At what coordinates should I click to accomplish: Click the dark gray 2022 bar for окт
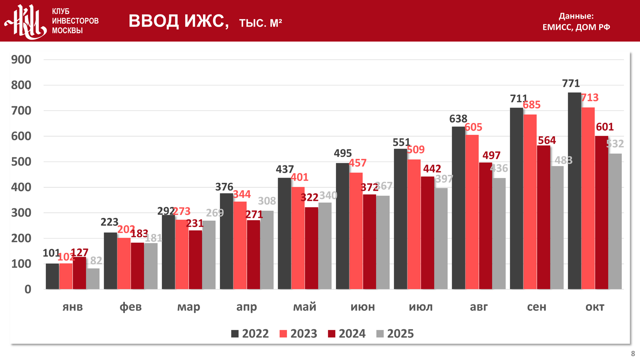574,190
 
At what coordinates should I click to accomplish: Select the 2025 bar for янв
93,279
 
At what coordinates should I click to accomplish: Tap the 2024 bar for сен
543,217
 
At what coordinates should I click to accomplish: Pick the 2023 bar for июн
356,231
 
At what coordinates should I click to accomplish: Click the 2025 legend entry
395,334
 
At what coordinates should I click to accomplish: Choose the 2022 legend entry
250,334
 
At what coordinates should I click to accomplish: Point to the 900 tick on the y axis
21,59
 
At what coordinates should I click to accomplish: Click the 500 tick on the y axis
21,162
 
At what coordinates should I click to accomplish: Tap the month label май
304,307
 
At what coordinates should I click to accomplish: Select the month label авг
478,307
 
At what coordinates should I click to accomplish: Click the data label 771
571,83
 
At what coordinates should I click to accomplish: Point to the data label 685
531,105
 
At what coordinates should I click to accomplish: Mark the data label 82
96,261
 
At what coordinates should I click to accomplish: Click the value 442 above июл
432,169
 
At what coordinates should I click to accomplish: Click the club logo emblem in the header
26,21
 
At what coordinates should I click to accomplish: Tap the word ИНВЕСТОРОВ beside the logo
75,21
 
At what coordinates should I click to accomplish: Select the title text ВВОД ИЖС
178,21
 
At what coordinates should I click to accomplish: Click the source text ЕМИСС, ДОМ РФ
576,27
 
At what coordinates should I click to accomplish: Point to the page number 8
633,354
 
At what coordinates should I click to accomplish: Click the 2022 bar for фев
110,261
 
